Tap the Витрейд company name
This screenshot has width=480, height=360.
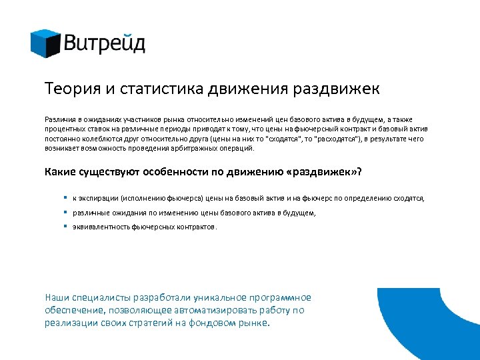pyautogui.click(x=105, y=44)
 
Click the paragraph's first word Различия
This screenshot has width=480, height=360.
pyautogui.click(x=59, y=119)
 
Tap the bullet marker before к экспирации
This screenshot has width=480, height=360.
pyautogui.click(x=65, y=198)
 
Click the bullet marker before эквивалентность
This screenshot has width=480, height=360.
pyautogui.click(x=65, y=226)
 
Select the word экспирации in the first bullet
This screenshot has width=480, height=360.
pyautogui.click(x=97, y=199)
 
